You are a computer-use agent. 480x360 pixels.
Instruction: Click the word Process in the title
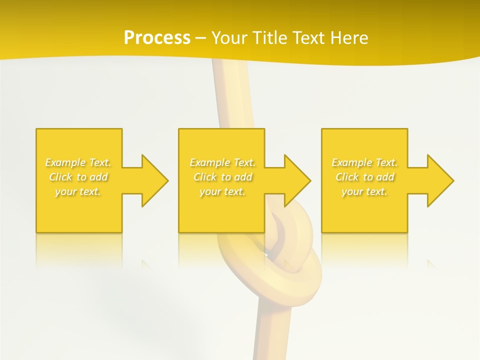(157, 38)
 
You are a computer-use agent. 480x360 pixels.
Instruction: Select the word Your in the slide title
(230, 38)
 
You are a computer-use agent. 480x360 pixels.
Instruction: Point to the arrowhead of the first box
(154, 180)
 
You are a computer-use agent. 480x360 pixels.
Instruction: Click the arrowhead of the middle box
(297, 180)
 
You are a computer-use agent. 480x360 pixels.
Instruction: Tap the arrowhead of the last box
(440, 180)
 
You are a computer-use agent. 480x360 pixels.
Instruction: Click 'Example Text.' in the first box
(78, 162)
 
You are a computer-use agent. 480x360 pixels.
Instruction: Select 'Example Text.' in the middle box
(222, 162)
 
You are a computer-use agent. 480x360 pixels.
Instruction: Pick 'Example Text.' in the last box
(364, 162)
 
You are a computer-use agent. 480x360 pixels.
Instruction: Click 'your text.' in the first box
(78, 191)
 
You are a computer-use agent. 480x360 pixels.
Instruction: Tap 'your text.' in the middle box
(222, 191)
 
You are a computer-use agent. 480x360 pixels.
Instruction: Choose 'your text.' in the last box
(364, 191)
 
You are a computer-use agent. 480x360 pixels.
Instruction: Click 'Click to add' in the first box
(78, 177)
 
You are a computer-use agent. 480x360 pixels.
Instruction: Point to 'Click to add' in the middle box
(222, 177)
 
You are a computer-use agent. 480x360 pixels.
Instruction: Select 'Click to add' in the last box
(364, 177)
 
